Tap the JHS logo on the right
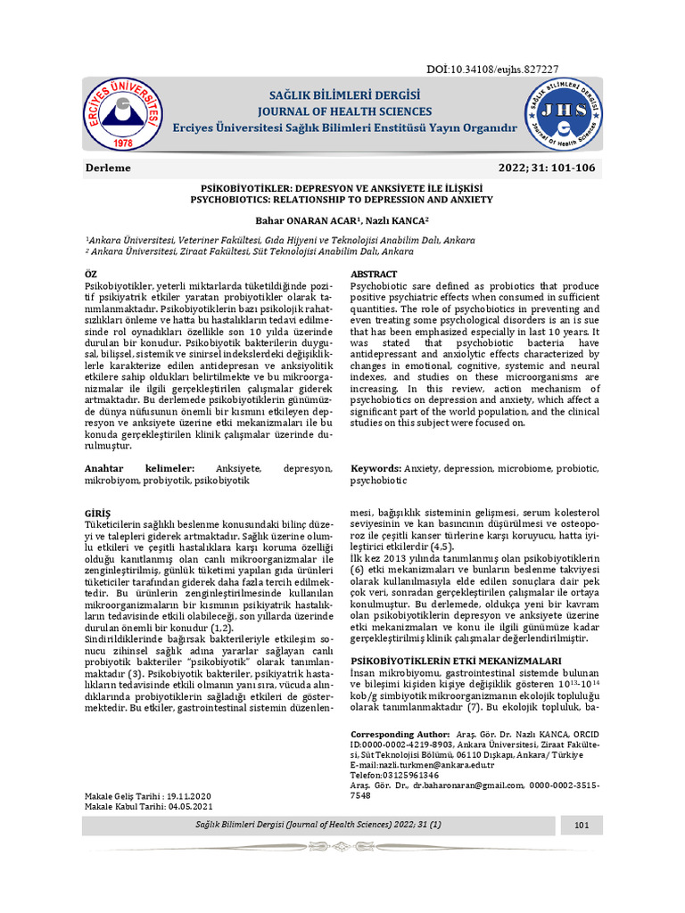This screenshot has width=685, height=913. [562, 111]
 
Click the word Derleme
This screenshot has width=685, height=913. [109, 169]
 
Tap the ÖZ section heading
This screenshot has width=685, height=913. [92, 273]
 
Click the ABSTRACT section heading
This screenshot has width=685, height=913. [374, 273]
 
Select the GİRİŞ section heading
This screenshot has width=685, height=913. [97, 514]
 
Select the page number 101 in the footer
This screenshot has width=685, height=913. [582, 826]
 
